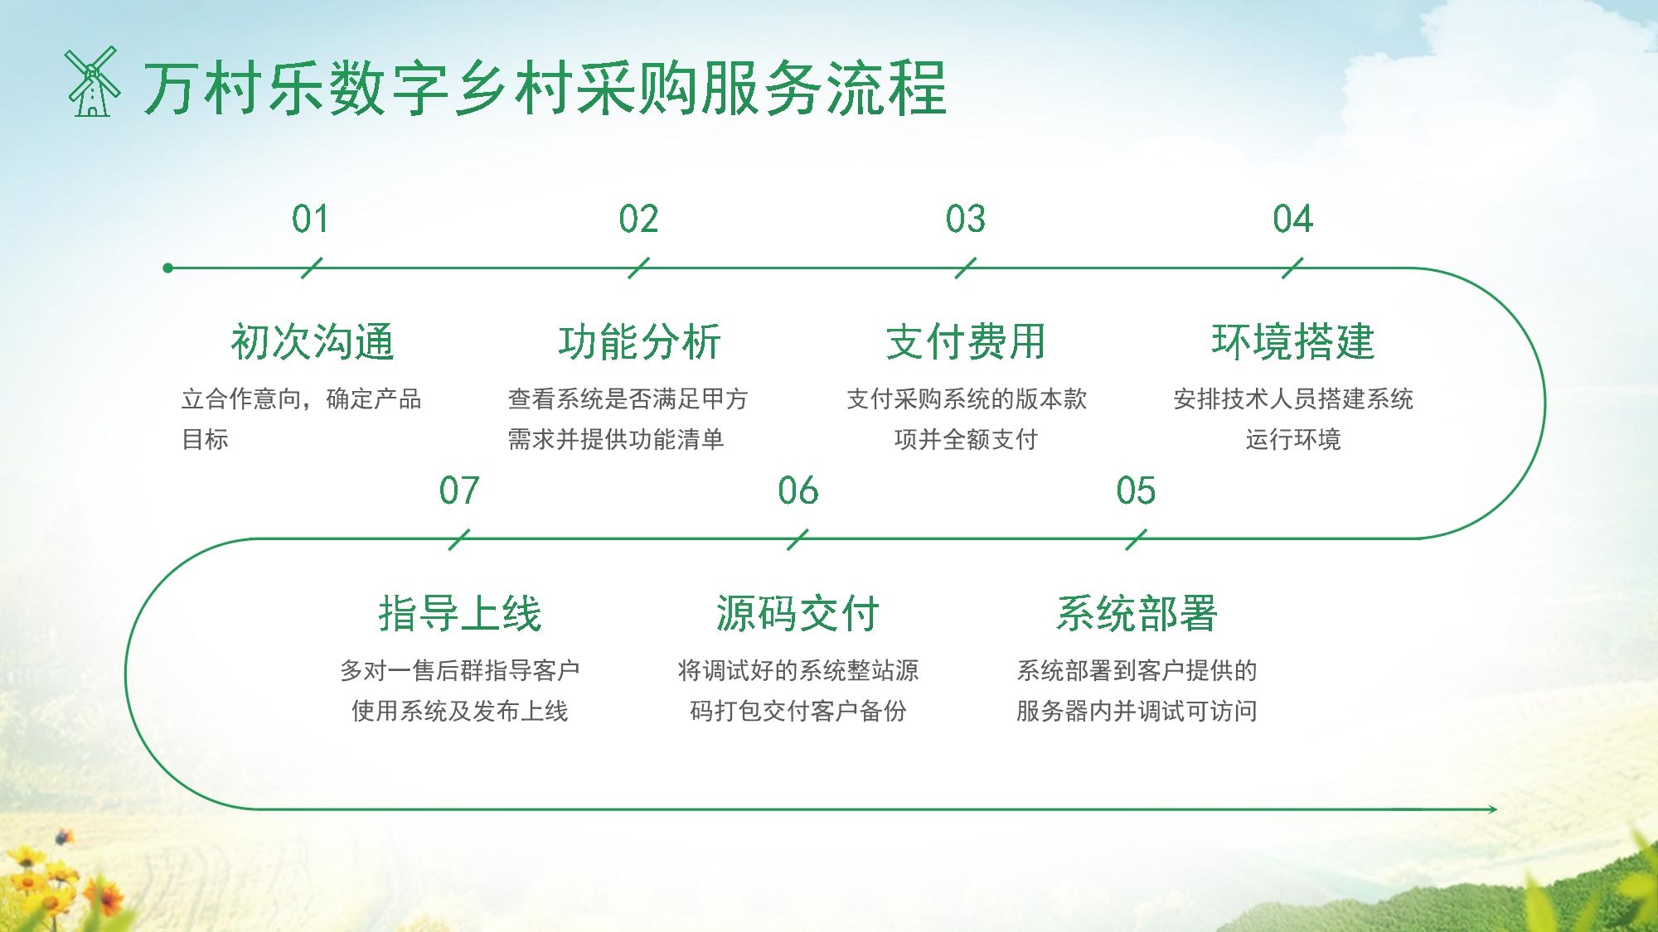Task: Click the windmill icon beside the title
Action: (92, 81)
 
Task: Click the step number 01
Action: (310, 220)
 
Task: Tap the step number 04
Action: (1292, 220)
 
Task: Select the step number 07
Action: (459, 490)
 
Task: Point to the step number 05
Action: (1136, 490)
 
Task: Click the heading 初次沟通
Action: (313, 341)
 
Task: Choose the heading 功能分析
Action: (639, 341)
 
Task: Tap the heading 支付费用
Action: (966, 341)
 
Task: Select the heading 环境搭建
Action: (1292, 341)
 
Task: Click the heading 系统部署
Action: (1136, 613)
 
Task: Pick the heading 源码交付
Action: (797, 613)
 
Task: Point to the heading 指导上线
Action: (459, 613)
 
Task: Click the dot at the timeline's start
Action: (168, 268)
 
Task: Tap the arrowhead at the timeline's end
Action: (1491, 809)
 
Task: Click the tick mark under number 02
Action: (638, 268)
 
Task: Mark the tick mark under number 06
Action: (797, 539)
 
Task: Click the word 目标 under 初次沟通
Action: (205, 439)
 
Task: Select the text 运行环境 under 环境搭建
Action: (1292, 439)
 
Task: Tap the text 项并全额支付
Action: (966, 439)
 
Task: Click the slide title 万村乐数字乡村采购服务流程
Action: (545, 87)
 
